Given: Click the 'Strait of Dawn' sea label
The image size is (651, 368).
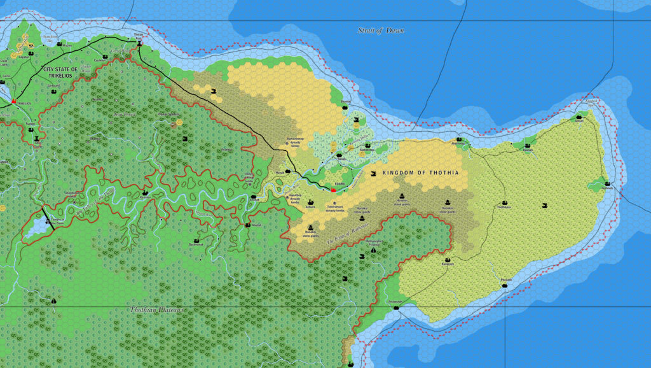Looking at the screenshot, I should pyautogui.click(x=381, y=30).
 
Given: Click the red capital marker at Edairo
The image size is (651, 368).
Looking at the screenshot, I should pyautogui.click(x=333, y=190).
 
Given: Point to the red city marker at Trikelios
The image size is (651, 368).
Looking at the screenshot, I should pyautogui.click(x=13, y=101).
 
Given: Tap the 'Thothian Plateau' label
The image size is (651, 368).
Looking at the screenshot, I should pyautogui.click(x=157, y=309).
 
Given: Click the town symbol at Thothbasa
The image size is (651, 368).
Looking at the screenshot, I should pyautogui.click(x=504, y=201).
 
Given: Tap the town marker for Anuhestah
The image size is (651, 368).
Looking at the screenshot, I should pyautogui.click(x=397, y=308).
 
